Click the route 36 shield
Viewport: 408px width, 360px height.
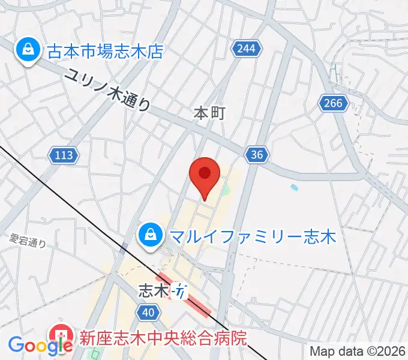(x=256, y=155)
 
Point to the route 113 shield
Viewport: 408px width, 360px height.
(x=63, y=155)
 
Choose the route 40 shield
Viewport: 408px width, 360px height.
(x=148, y=311)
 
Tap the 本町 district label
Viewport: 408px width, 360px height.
(x=209, y=113)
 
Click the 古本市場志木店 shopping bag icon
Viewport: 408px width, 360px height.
(x=28, y=50)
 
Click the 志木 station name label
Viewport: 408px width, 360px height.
(x=154, y=291)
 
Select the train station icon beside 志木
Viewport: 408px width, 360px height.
(x=180, y=292)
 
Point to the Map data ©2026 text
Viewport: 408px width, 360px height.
(x=357, y=351)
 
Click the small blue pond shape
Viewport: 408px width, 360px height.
(x=294, y=188)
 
